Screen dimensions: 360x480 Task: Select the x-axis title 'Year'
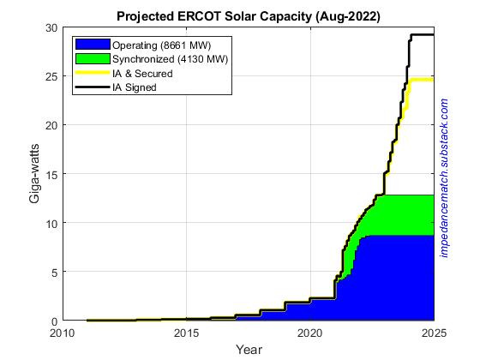point(248,350)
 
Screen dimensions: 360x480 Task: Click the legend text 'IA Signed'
point(137,87)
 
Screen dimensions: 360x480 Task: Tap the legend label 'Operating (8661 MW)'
point(163,44)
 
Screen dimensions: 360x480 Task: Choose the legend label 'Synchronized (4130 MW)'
point(171,58)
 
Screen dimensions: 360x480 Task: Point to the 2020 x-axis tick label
point(309,333)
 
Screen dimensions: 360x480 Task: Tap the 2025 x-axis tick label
point(433,333)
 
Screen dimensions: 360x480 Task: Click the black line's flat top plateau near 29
point(422,35)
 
